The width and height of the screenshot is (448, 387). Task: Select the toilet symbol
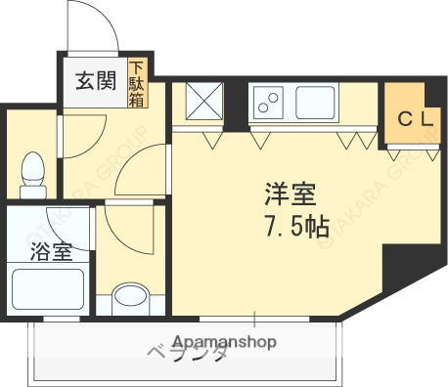click(x=32, y=171)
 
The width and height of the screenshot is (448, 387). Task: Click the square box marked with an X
click(x=203, y=101)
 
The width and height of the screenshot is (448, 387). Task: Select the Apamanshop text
click(x=224, y=342)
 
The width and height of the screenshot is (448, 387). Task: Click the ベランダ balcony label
click(x=189, y=355)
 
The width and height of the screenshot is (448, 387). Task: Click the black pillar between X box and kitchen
click(x=236, y=106)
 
